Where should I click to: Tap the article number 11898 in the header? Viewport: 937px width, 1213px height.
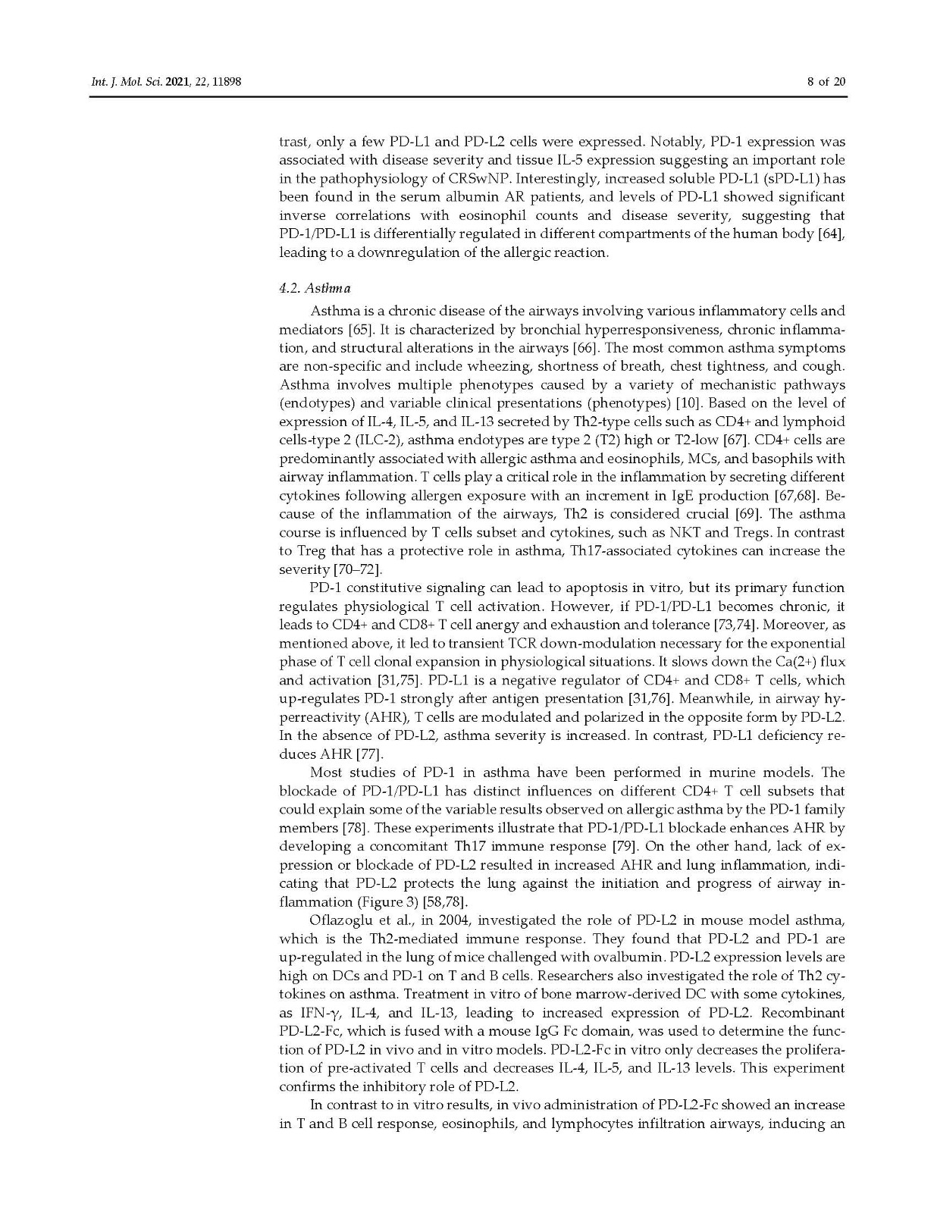point(227,83)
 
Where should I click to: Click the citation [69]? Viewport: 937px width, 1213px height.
point(710,514)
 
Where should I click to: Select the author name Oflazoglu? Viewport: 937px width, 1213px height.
point(344,920)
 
